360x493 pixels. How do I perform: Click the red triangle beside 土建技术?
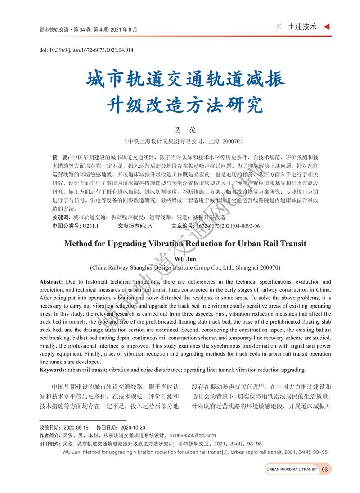[x=327, y=27]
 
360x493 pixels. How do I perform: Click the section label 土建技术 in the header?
[x=302, y=27]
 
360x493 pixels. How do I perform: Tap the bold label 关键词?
[x=61, y=217]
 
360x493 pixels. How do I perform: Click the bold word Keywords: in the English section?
[x=53, y=370]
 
